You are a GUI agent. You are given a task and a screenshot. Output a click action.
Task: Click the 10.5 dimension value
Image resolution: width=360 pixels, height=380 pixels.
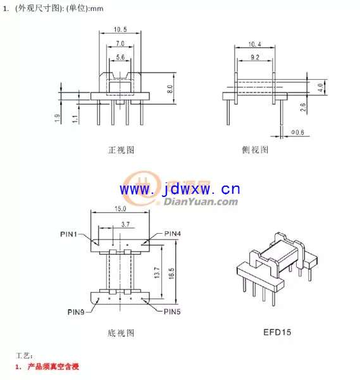click(120, 30)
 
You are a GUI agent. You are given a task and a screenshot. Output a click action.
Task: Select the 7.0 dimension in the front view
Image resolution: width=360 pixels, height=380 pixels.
click(120, 44)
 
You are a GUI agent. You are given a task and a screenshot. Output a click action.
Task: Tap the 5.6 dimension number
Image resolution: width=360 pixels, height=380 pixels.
click(120, 57)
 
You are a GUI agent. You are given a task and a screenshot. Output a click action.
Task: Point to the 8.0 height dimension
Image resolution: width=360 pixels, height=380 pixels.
click(170, 89)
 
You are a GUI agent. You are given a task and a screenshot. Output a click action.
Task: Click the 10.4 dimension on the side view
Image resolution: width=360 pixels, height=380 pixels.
click(255, 44)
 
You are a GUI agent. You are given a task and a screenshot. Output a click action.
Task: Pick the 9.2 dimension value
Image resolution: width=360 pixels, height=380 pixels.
click(255, 58)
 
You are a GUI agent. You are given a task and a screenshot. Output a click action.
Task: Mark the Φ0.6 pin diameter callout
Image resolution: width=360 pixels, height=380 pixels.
click(297, 132)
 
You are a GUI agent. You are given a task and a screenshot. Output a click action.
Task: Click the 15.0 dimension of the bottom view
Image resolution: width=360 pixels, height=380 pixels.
click(120, 208)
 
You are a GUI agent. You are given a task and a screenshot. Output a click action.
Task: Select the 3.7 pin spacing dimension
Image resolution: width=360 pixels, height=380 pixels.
click(125, 224)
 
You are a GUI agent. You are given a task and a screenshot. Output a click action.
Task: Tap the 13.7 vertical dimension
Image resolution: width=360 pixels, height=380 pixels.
click(157, 272)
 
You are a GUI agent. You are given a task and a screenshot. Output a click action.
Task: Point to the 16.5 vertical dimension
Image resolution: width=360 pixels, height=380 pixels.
click(171, 274)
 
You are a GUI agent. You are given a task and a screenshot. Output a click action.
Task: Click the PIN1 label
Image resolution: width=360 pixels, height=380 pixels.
click(68, 234)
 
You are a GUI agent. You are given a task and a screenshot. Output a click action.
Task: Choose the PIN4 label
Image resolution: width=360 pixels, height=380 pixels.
click(172, 234)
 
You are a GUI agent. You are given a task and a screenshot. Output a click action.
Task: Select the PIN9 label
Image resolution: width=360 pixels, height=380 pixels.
click(76, 312)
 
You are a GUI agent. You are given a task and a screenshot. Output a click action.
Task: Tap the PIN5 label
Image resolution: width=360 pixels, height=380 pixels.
click(172, 312)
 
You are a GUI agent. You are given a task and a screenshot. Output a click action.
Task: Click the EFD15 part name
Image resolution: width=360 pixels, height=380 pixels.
click(277, 332)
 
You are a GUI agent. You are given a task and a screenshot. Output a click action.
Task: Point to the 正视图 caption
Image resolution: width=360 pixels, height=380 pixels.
click(121, 150)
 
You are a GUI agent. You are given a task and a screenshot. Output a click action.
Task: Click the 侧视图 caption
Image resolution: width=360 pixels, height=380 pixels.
click(255, 149)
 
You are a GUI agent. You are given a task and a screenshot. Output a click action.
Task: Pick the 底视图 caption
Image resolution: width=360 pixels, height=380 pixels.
click(121, 333)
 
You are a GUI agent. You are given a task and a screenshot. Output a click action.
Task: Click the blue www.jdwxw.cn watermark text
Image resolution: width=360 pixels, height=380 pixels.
click(180, 189)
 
